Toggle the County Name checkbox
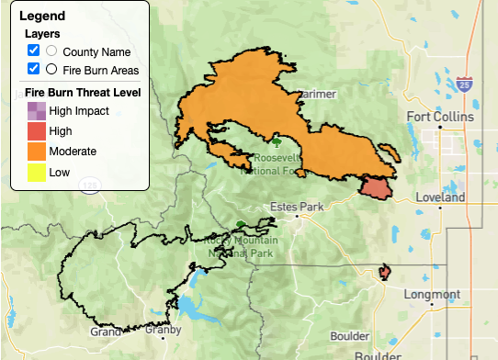[x=33, y=51]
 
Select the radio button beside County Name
[x=51, y=51]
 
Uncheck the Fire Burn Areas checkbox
[x=33, y=69]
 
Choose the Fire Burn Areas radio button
[x=51, y=69]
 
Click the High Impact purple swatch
[x=35, y=111]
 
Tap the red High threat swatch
[x=35, y=131]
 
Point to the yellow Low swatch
[x=35, y=171]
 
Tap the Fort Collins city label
[x=440, y=118]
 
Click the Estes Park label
[x=292, y=207]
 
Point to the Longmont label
[x=432, y=294]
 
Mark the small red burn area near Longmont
[x=385, y=273]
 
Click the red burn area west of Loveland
[x=375, y=188]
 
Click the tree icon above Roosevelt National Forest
[x=277, y=141]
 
